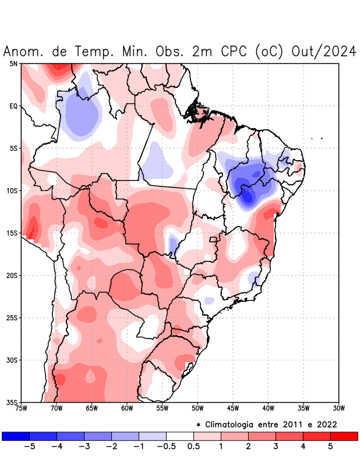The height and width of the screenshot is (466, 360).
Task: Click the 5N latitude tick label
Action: pos(13,63)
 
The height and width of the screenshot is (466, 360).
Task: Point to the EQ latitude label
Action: pos(13,106)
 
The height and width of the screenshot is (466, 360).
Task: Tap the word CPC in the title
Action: pos(233,51)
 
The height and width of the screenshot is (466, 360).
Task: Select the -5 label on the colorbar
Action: pos(28,446)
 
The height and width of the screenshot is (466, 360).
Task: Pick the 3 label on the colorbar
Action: pos(276,446)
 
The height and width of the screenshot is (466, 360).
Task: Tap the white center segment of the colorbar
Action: pos(180,436)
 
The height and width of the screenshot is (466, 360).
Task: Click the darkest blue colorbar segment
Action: pos(16,436)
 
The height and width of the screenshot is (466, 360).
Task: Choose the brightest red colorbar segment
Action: pos(344,436)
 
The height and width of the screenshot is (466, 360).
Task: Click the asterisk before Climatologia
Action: pos(198,425)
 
